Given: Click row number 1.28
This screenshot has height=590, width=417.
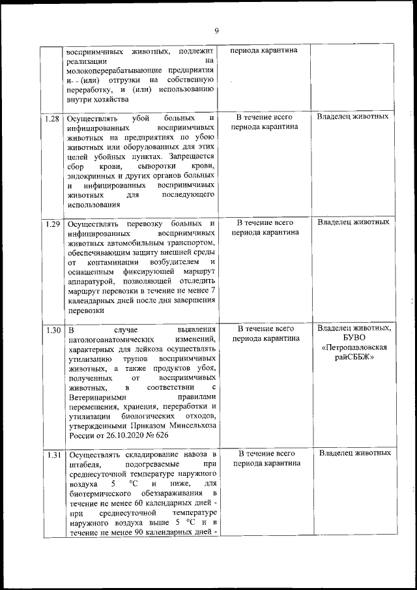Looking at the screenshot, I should point(53,119).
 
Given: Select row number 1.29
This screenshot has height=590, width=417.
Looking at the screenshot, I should point(53,223).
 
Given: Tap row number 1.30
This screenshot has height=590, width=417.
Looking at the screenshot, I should point(53,329).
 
